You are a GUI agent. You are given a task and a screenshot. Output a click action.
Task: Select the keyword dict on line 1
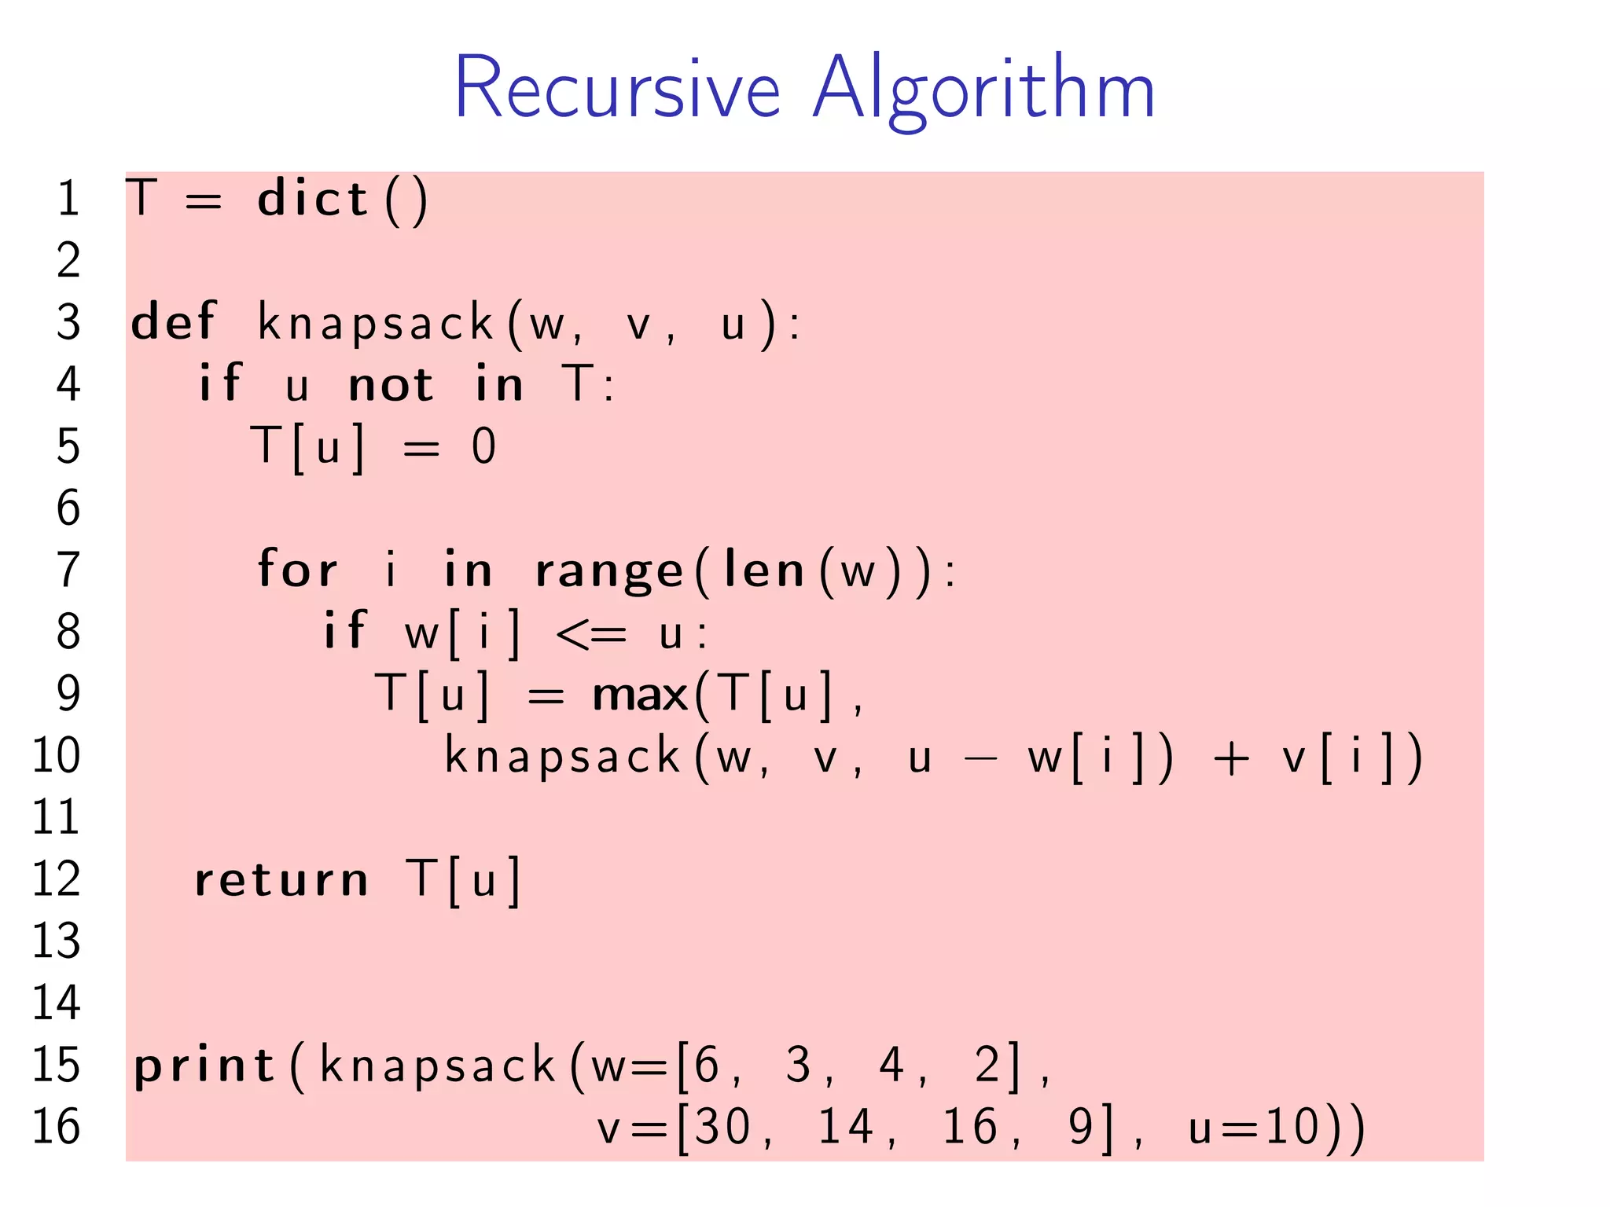click(313, 198)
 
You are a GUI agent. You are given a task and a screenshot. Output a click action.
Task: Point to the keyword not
click(391, 385)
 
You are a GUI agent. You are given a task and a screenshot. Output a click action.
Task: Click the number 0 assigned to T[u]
click(483, 446)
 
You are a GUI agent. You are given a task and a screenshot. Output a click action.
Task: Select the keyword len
click(763, 570)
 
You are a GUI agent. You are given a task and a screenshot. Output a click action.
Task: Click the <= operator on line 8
click(591, 633)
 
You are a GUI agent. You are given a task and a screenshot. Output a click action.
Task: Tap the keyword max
click(640, 695)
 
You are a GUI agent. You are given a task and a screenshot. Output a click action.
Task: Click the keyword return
click(281, 880)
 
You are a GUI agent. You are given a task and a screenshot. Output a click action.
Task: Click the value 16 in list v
click(970, 1127)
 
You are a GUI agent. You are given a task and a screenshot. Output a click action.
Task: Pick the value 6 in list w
click(707, 1065)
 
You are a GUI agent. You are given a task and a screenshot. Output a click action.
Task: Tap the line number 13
click(56, 941)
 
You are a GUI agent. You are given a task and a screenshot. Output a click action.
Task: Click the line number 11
click(56, 817)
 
